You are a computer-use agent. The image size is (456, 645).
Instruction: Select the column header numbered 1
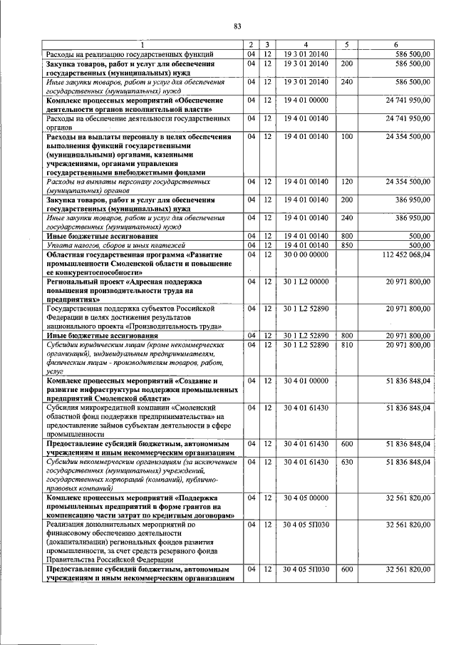pyautogui.click(x=142, y=45)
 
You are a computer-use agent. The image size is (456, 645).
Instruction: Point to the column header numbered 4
pyautogui.click(x=304, y=45)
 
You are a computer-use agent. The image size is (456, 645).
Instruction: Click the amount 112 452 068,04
pyautogui.click(x=406, y=254)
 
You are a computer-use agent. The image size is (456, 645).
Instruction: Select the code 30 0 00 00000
pyautogui.click(x=304, y=254)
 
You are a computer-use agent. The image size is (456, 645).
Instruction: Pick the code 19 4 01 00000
pyautogui.click(x=304, y=100)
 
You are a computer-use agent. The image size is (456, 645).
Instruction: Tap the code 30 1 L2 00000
pyautogui.click(x=304, y=282)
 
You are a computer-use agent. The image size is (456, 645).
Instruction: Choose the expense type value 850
pyautogui.click(x=347, y=245)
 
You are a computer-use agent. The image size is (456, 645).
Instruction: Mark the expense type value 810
pyautogui.click(x=347, y=345)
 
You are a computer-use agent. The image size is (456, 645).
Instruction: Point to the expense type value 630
pyautogui.click(x=347, y=463)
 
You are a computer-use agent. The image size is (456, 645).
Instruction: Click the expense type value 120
pyautogui.click(x=347, y=182)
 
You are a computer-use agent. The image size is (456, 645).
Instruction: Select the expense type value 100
pyautogui.click(x=347, y=136)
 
